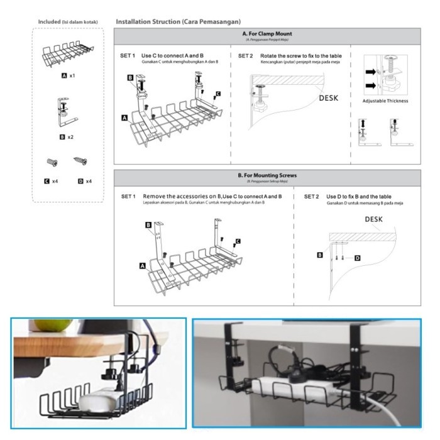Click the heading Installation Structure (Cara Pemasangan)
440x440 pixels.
178,22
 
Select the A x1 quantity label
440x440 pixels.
68,75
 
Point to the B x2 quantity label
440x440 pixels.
67,136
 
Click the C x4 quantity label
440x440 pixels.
52,181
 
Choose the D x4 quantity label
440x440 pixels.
84,181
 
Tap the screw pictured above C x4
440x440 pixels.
51,162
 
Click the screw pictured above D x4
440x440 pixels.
80,162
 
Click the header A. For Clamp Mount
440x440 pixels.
267,33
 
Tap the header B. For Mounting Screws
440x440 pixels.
267,175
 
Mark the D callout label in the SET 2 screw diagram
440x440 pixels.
357,258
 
